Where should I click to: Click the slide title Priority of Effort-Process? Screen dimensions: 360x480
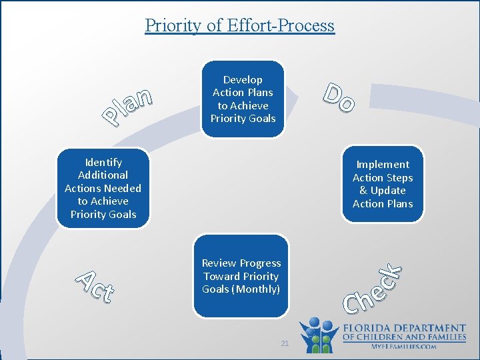[x=239, y=25]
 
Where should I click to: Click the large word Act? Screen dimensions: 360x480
[x=93, y=285]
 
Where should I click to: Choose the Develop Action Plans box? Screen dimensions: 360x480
[x=243, y=99]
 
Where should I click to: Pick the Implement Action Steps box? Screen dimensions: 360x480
[x=382, y=184]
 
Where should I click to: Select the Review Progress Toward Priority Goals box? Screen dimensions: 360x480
[x=241, y=276]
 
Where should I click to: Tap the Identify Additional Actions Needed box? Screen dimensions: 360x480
[x=103, y=188]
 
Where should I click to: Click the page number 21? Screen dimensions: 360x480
[x=285, y=343]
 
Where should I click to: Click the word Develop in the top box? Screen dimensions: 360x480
[x=243, y=80]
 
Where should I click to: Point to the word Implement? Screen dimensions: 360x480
[x=383, y=165]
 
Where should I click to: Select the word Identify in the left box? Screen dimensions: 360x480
[x=103, y=162]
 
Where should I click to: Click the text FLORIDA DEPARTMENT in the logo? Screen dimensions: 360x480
[x=404, y=329]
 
